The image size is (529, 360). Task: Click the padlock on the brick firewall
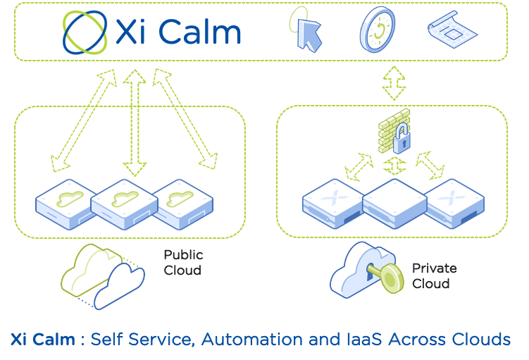pyautogui.click(x=402, y=139)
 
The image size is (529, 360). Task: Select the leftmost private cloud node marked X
pyautogui.click(x=331, y=200)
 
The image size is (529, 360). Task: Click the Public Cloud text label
pyautogui.click(x=183, y=262)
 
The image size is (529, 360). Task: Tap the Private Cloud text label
pyautogui.click(x=434, y=275)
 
